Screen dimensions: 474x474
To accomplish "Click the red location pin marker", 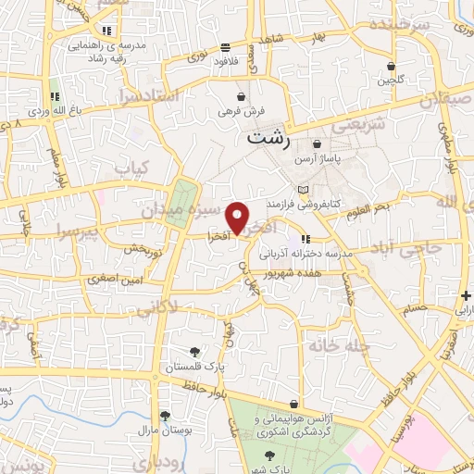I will [x=238, y=218].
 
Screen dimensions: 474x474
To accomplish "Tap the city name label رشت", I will [x=269, y=140].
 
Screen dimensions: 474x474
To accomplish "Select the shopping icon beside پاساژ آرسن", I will [x=318, y=144].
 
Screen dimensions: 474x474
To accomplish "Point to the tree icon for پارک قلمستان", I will [x=193, y=351].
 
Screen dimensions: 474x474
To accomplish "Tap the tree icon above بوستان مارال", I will [x=164, y=417].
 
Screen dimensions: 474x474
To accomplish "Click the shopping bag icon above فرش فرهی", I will [x=241, y=95].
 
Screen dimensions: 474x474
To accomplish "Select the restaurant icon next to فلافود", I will [x=226, y=48].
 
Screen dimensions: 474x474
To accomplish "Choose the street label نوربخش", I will [x=143, y=250].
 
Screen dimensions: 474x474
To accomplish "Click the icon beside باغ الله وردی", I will [x=55, y=95].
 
